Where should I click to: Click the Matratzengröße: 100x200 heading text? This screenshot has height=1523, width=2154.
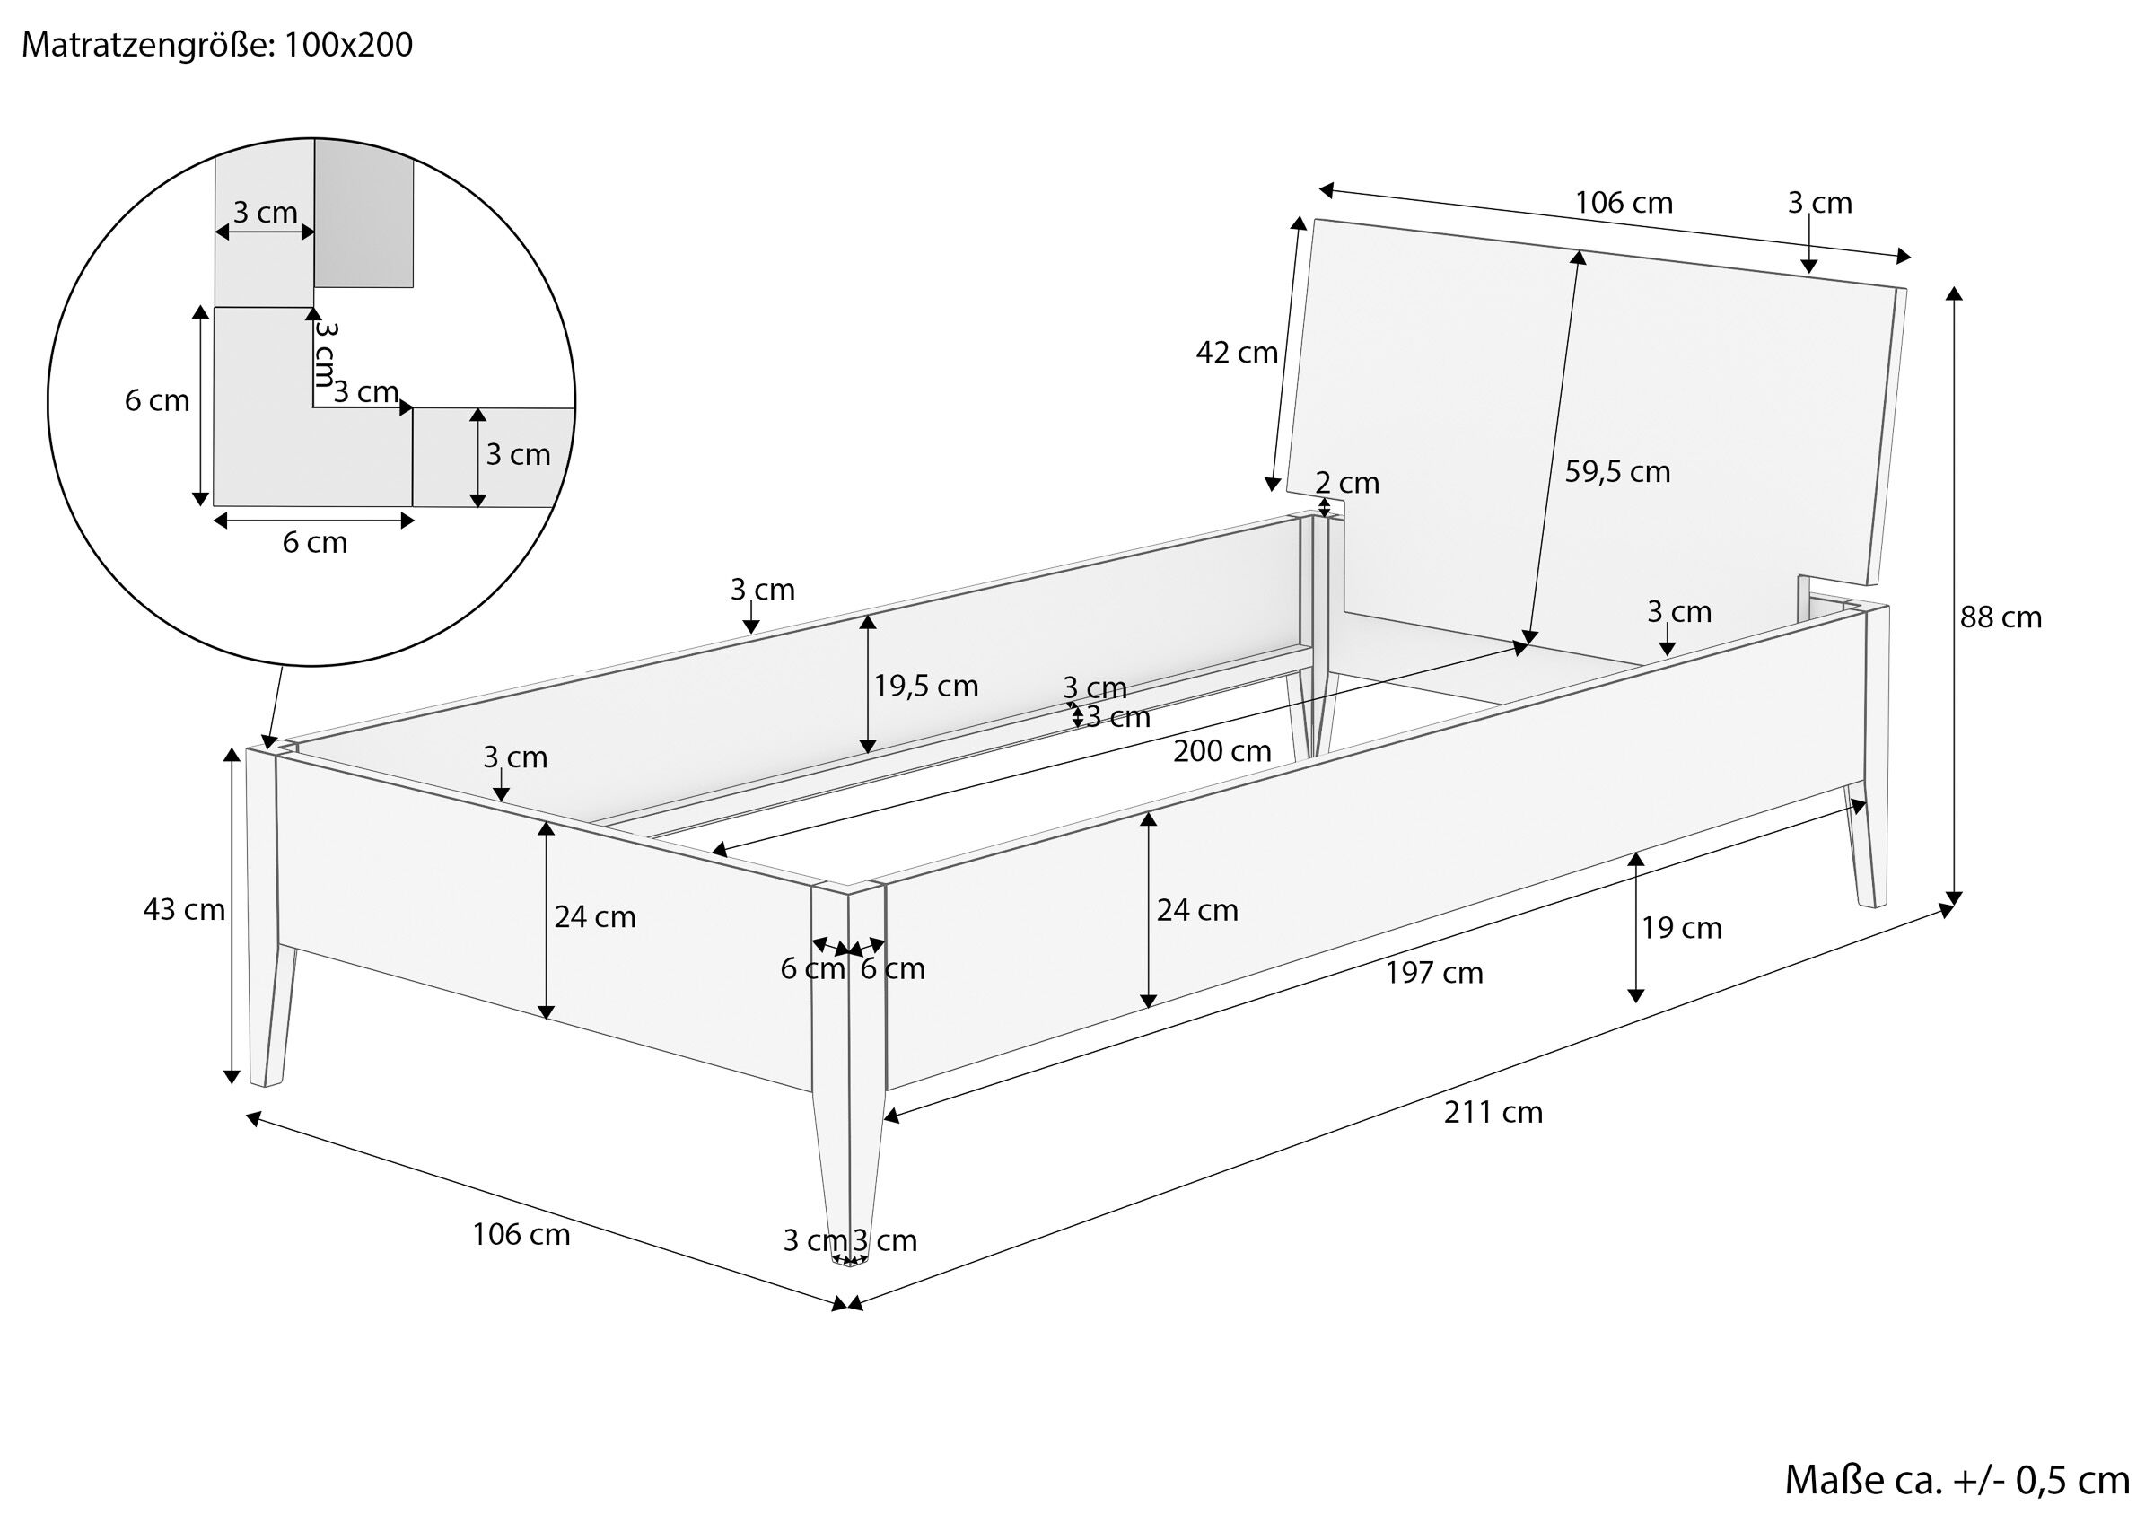216,46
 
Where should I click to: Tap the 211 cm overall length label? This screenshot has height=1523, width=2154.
1493,1112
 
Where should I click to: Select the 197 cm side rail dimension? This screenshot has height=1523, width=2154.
1434,973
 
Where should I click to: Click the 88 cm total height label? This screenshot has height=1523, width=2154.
2001,617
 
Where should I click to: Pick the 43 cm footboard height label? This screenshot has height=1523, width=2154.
184,909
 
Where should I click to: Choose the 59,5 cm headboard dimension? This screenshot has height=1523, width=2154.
1617,471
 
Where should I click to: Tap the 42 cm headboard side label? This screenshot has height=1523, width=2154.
1237,353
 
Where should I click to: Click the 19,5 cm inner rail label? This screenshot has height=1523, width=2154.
926,687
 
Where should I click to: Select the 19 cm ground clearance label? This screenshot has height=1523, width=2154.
1681,928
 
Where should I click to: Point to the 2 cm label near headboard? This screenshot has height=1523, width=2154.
1347,483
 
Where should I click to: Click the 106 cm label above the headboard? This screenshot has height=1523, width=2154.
1623,203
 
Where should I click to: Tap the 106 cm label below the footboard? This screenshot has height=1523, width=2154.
521,1234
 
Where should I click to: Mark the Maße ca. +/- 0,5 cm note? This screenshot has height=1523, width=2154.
1957,1480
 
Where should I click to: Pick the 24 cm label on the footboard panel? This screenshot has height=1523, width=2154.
595,917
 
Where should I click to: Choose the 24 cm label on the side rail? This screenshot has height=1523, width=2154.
1197,910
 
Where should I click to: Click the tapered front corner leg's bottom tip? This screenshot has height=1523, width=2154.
850,1264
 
